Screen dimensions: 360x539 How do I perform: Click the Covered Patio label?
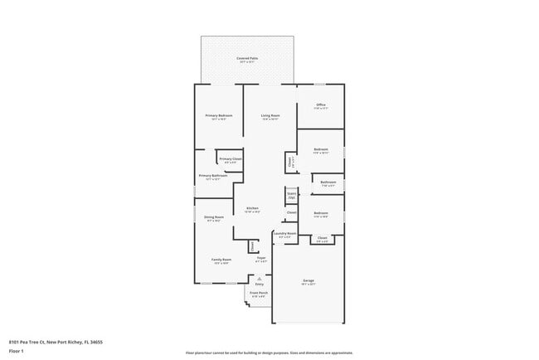coord(247,57)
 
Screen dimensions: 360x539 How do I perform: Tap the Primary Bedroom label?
coord(219,115)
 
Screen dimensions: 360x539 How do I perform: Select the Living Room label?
coord(269,115)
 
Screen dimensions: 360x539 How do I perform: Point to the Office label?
coord(321,105)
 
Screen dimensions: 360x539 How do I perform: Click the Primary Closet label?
coord(231,158)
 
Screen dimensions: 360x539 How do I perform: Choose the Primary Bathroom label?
coord(213,176)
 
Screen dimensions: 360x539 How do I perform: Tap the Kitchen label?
coord(252,208)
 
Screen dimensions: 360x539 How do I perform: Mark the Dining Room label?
coord(214,217)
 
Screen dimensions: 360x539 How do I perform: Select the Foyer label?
coord(260,259)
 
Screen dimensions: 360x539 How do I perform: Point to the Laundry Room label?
coord(285,234)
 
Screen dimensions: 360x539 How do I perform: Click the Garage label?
coord(308,280)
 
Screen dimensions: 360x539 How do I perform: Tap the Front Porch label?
coord(259,293)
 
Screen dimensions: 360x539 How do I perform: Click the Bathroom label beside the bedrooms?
coord(328,182)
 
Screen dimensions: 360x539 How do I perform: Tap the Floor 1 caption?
coord(17,352)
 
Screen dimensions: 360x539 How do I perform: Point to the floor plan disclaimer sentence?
coord(269,353)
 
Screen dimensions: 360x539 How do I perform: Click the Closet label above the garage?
coord(323,238)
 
